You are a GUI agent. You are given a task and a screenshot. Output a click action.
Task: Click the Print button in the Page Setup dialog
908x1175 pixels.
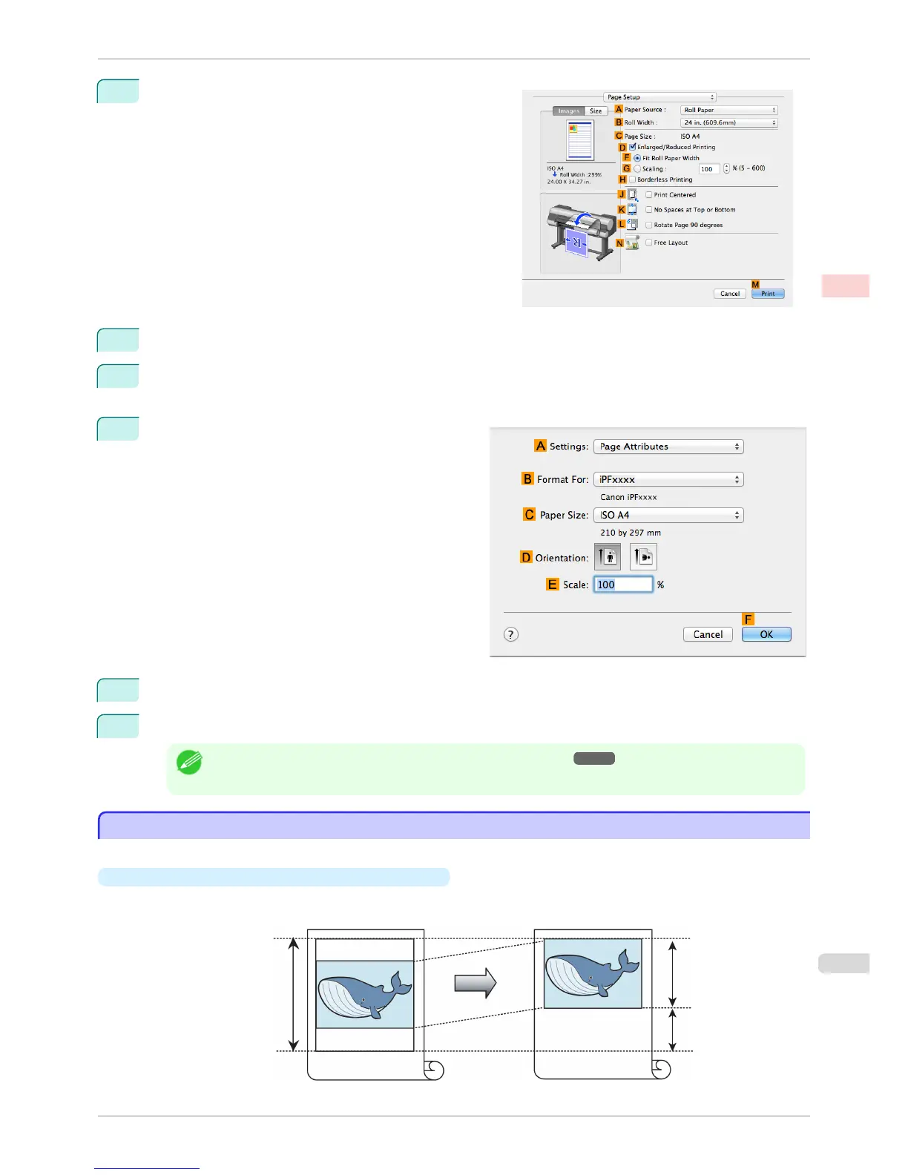(768, 294)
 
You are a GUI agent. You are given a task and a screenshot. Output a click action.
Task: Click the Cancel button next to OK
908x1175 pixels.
(708, 634)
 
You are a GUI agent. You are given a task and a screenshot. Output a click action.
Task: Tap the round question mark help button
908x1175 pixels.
(511, 634)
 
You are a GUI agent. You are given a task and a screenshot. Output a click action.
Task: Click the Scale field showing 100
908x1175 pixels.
(623, 585)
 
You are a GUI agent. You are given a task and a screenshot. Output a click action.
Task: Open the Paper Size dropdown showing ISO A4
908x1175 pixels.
(668, 515)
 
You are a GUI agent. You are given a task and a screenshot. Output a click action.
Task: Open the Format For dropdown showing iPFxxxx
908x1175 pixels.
(668, 479)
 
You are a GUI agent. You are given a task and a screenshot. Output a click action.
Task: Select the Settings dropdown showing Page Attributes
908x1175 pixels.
(668, 447)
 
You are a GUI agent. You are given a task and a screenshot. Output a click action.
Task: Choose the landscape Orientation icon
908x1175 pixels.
(643, 557)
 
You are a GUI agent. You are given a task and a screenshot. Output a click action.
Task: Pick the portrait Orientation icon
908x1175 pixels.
(608, 557)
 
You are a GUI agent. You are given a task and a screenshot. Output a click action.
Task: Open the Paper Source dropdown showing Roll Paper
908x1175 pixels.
(728, 110)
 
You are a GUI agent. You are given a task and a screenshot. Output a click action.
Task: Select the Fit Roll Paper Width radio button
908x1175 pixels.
(637, 158)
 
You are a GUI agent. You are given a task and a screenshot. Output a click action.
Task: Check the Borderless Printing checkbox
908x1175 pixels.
(633, 180)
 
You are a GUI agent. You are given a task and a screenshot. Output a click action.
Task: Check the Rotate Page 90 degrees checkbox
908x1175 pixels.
(649, 225)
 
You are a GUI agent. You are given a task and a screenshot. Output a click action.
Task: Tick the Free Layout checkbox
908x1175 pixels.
(649, 243)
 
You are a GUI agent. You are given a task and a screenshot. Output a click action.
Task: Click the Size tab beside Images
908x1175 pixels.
(596, 111)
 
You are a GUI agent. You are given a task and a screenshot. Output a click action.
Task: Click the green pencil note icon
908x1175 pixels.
(189, 762)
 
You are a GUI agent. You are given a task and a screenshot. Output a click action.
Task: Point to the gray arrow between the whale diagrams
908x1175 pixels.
(475, 983)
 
